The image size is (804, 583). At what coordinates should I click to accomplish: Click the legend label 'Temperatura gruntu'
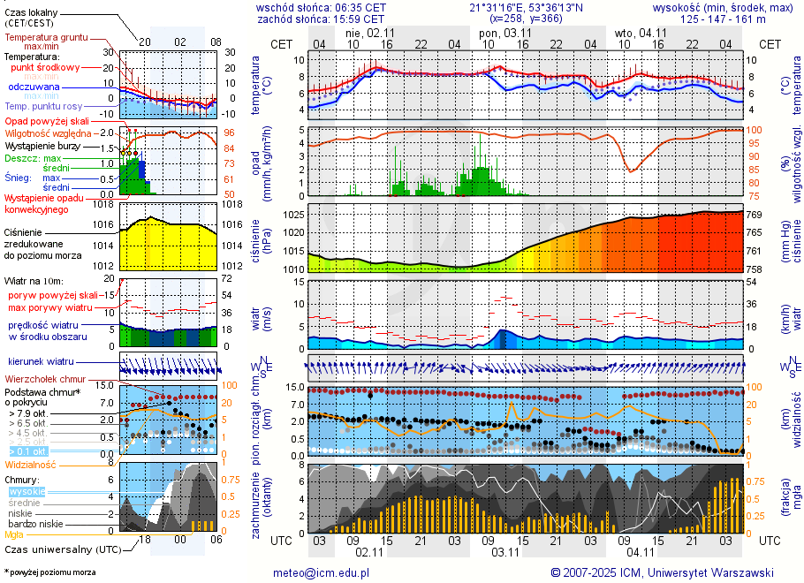point(46,38)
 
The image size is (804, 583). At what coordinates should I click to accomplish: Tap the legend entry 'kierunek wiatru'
point(41,362)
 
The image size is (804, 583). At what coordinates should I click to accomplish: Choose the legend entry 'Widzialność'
point(31,463)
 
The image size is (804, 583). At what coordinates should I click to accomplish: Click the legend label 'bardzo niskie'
point(34,524)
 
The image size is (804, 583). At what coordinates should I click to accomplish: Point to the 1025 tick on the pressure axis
point(293,215)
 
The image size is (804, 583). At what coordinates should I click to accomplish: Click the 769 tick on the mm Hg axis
point(756,215)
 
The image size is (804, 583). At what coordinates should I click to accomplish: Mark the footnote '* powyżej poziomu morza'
point(49,572)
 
